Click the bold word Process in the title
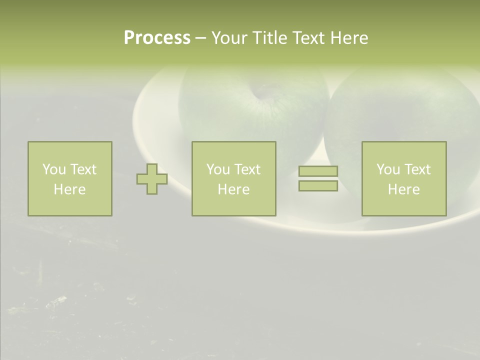click(157, 38)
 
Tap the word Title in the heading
click(270, 38)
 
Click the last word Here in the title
click(349, 38)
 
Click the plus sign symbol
click(152, 179)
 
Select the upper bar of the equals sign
click(318, 171)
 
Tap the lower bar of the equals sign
click(318, 185)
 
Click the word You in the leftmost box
click(54, 169)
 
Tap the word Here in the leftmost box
click(69, 189)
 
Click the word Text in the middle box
click(248, 169)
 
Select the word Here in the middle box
click(233, 189)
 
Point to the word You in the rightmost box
click(388, 169)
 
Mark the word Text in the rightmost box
click(418, 169)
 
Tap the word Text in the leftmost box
click(84, 169)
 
